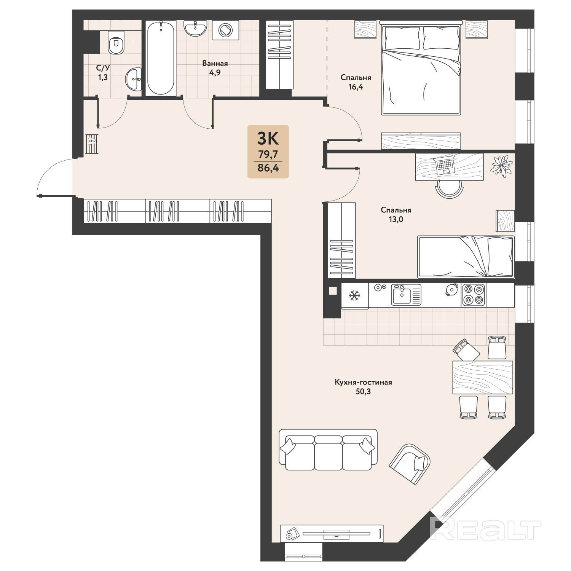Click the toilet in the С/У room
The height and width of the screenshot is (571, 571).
pos(116,42)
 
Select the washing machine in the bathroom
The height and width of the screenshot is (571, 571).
pos(226,30)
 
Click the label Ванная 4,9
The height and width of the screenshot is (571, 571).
pos(215,68)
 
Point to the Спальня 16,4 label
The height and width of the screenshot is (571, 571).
pos(356,82)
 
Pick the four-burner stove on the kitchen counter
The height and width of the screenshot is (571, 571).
pos(474,295)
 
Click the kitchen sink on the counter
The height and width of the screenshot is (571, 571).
pos(406,294)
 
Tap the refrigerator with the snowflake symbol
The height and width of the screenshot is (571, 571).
pos(355,295)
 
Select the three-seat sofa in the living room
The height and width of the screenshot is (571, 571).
pos(328,450)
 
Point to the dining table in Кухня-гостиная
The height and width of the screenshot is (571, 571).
pos(483,377)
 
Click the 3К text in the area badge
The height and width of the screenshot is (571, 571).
pos(268,139)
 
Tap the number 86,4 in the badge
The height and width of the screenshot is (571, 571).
pos(268,167)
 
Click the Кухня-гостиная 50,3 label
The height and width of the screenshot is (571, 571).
pos(363,386)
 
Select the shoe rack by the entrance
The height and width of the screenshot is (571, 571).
pos(92,144)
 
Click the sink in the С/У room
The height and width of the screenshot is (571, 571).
pos(133,80)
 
